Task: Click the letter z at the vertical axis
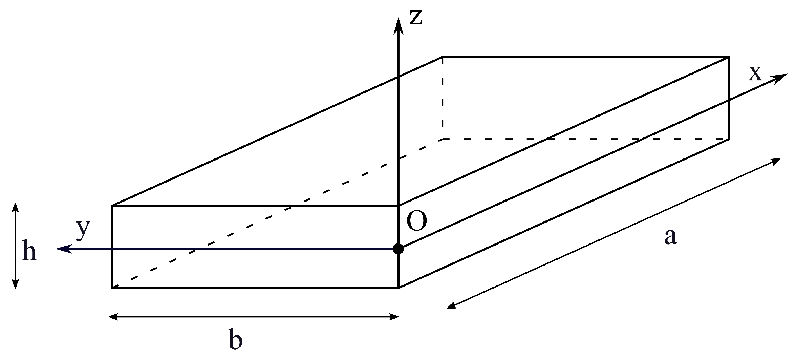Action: coord(415,18)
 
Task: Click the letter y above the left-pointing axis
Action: coord(83,230)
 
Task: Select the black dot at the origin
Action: coord(398,249)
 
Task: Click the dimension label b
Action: coord(235,339)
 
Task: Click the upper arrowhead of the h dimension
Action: coord(15,206)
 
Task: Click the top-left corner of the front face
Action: coord(112,206)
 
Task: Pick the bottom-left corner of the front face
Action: coord(112,288)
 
